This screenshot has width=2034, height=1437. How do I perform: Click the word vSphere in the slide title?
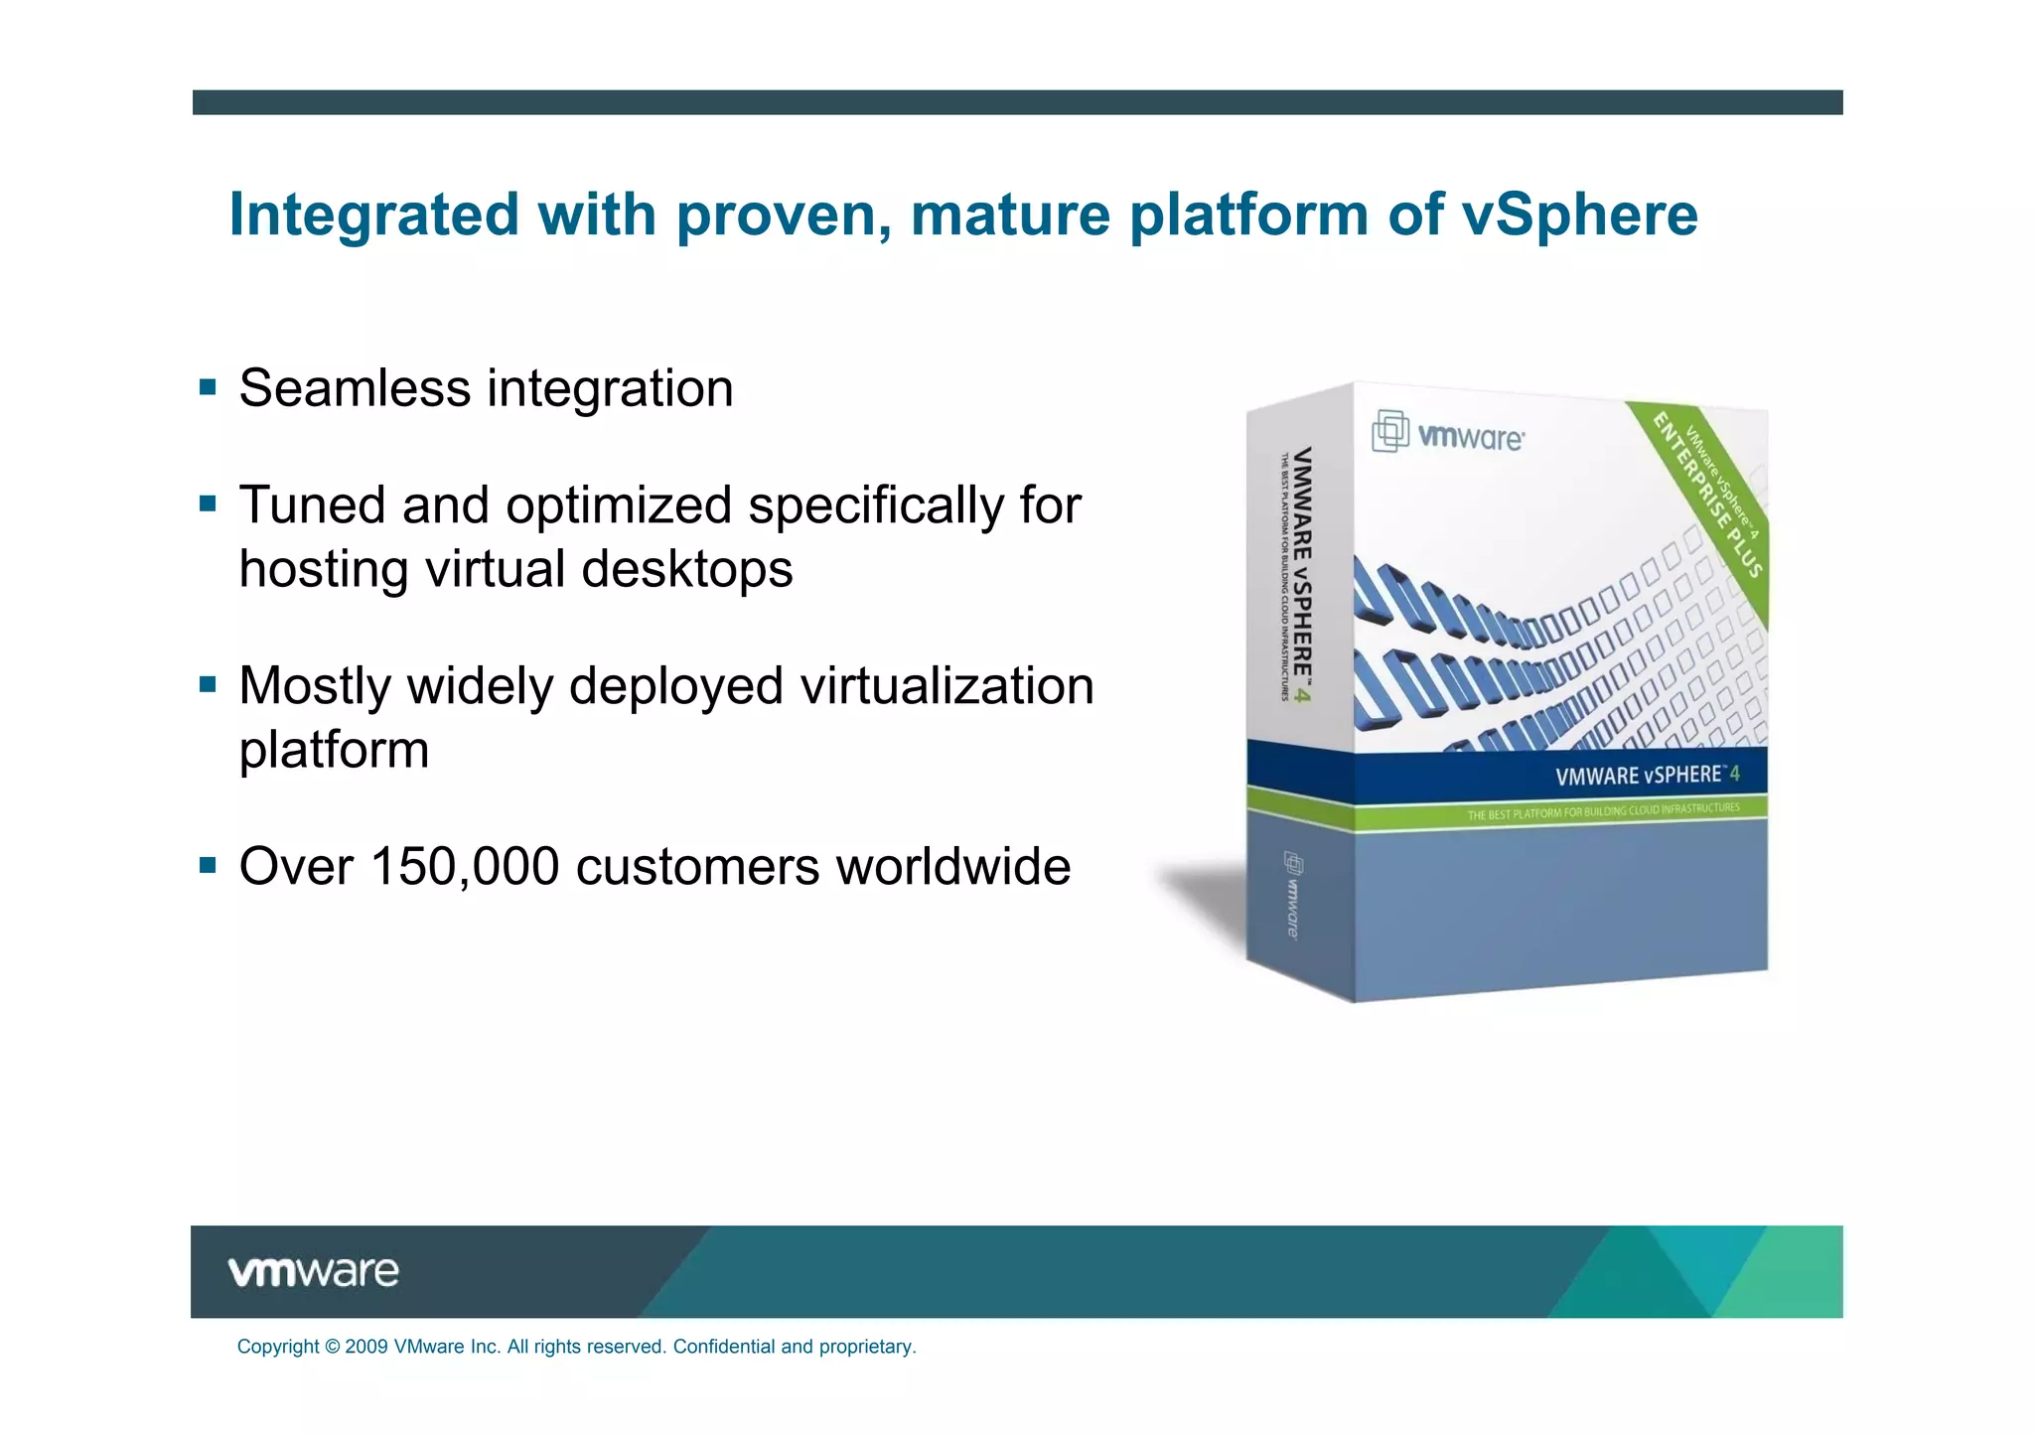point(1579,216)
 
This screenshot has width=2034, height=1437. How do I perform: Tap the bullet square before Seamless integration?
point(208,386)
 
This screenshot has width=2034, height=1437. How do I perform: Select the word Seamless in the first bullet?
point(355,388)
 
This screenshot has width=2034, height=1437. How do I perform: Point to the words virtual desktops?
point(608,570)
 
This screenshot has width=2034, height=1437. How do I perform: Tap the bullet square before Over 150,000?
point(208,865)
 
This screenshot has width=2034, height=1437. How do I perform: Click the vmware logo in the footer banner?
point(313,1271)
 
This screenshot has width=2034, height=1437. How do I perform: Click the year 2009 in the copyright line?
point(366,1347)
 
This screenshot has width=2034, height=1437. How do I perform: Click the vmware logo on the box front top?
point(1449,434)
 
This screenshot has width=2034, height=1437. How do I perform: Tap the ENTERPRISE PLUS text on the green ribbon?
point(1706,495)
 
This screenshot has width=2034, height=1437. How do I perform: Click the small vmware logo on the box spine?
point(1292,894)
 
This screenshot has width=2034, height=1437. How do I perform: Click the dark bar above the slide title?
point(1017,102)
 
